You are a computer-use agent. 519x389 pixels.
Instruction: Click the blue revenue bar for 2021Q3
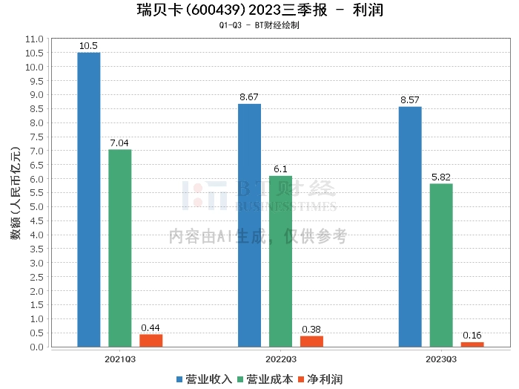tap(88, 200)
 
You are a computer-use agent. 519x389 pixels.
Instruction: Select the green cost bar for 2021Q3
tap(119, 248)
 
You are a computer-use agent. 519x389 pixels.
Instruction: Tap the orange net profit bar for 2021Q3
tap(151, 341)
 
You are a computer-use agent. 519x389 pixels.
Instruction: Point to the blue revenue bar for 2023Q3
tap(410, 226)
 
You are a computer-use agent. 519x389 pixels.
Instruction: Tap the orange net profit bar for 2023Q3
tap(472, 344)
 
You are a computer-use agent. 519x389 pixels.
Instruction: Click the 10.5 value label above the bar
tap(88, 46)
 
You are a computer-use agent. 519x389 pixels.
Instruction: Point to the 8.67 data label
tap(249, 97)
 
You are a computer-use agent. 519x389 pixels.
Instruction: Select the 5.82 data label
tap(441, 177)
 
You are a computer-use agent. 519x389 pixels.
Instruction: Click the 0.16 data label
tap(472, 336)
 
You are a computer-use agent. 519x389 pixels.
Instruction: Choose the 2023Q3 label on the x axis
tap(441, 359)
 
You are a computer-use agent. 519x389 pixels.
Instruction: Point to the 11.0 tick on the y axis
tap(34, 39)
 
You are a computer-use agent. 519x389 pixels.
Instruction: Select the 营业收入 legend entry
tap(205, 379)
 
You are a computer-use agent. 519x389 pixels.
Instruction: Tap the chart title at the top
tap(259, 10)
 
